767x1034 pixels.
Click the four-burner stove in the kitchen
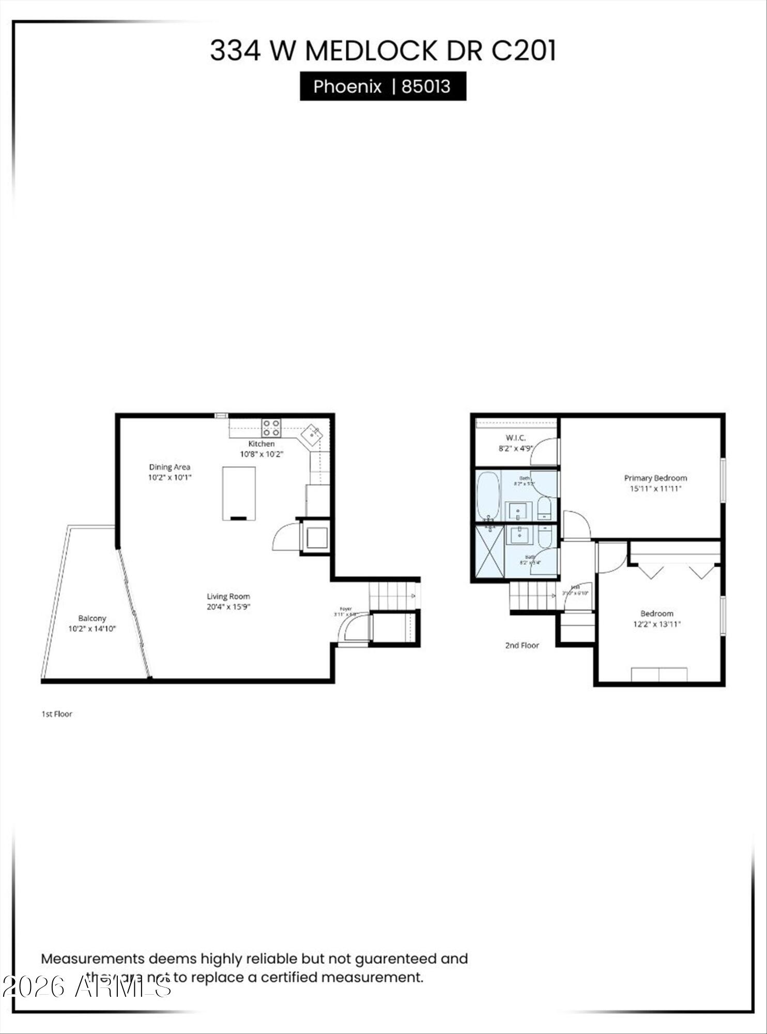[x=271, y=428]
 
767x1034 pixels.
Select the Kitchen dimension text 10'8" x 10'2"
[x=262, y=454]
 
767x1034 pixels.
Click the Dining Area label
[x=170, y=467]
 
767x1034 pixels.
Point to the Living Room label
[x=228, y=596]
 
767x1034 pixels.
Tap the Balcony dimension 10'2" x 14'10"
[x=92, y=629]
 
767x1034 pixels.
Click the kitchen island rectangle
[x=238, y=493]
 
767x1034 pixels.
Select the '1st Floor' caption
[x=57, y=714]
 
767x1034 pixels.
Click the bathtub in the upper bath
[x=487, y=495]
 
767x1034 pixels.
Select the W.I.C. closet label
[x=516, y=438]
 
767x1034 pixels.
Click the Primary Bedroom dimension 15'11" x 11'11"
[x=655, y=489]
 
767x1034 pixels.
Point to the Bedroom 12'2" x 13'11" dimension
[x=656, y=624]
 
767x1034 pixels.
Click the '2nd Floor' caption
[x=522, y=645]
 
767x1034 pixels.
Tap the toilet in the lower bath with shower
[x=545, y=536]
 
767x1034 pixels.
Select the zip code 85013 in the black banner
[x=426, y=86]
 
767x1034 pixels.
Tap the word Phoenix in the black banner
[x=347, y=86]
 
